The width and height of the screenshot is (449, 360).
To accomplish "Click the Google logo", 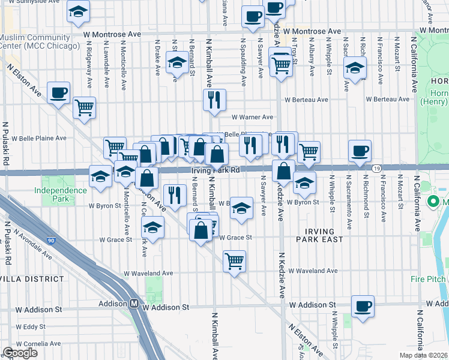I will tap(20, 353).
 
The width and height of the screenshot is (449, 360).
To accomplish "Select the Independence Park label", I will tap(60, 194).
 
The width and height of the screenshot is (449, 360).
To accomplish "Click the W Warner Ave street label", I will tap(252, 117).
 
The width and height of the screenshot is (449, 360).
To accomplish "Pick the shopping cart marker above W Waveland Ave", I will tap(234, 261).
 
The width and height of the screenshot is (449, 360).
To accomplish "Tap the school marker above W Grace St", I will tap(153, 228).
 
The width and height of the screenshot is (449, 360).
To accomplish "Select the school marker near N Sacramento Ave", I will tap(355, 68).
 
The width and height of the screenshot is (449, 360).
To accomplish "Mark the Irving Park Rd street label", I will tap(216, 170).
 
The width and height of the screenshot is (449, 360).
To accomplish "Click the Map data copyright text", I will tap(423, 355).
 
